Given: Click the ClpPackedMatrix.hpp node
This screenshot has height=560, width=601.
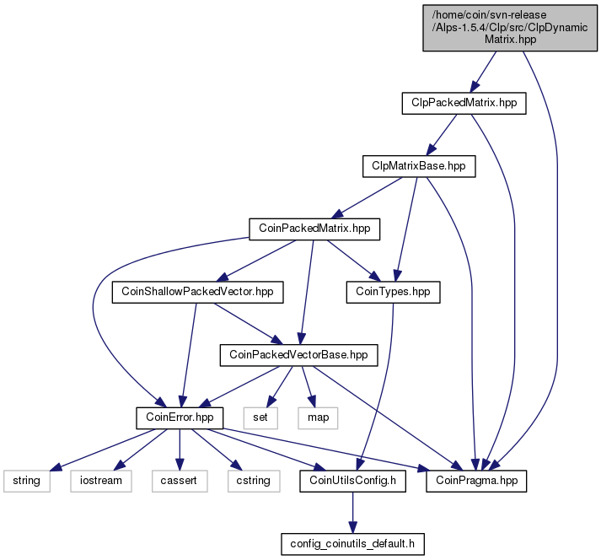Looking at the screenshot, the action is pyautogui.click(x=464, y=103).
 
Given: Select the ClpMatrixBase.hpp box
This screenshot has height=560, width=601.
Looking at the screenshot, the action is pyautogui.click(x=419, y=166).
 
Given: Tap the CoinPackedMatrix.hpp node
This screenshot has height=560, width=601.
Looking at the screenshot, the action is pyautogui.click(x=314, y=229).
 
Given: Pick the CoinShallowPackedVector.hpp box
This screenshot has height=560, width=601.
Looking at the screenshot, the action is pyautogui.click(x=197, y=292).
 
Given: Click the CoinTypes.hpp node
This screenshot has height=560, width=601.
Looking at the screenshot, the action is pyautogui.click(x=393, y=292).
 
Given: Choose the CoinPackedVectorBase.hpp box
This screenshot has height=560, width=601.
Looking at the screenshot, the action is pyautogui.click(x=298, y=355).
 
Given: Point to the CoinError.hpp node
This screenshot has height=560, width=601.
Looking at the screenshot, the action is pyautogui.click(x=180, y=417).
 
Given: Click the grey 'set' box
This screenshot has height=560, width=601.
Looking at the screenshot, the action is pyautogui.click(x=260, y=417).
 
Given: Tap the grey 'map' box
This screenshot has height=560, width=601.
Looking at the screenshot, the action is pyautogui.click(x=318, y=417).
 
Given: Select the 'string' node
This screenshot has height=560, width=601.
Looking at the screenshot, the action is pyautogui.click(x=26, y=481).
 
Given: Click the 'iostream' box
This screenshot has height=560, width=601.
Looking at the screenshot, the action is pyautogui.click(x=101, y=481).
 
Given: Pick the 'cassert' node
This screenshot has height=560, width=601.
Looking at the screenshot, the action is pyautogui.click(x=180, y=481).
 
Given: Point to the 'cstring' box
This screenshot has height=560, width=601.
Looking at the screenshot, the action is pyautogui.click(x=254, y=481).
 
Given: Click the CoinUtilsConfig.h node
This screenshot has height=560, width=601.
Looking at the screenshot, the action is pyautogui.click(x=352, y=481).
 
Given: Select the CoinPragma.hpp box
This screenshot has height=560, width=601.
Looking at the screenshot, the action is pyautogui.click(x=476, y=481).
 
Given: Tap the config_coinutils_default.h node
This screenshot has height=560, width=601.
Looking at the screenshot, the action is pyautogui.click(x=352, y=544).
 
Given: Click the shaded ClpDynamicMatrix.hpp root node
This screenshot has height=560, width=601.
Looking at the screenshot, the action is pyautogui.click(x=510, y=28).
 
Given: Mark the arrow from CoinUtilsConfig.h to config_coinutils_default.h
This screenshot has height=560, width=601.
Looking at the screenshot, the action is pyautogui.click(x=352, y=513).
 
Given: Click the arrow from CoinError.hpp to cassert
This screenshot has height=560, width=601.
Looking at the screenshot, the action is pyautogui.click(x=180, y=450).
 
